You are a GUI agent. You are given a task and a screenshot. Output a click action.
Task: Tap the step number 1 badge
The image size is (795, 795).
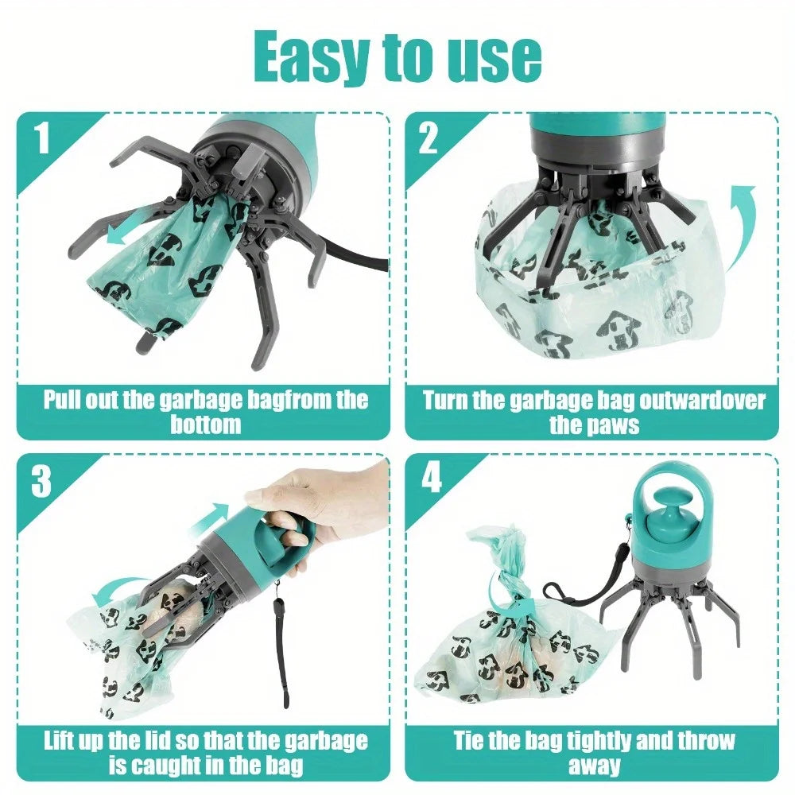pos(42,138)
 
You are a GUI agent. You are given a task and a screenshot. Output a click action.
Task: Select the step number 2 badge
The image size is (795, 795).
pos(429,138)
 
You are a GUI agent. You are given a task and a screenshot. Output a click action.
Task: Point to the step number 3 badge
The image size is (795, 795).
pos(42,481)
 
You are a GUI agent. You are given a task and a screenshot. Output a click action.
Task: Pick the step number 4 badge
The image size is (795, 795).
pos(430,479)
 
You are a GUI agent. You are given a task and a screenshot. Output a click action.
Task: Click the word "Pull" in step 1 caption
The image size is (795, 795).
pos(65,400)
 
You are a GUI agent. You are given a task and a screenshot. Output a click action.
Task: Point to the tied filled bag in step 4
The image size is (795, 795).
pos(509,644)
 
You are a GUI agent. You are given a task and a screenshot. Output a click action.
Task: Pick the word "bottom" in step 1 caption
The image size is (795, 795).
pos(205,424)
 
